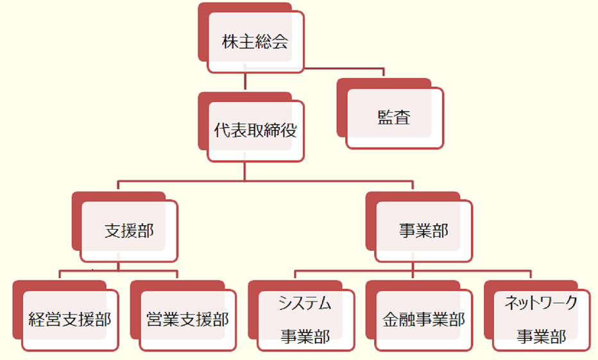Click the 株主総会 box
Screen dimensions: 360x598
pos(255,42)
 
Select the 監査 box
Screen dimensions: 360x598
pos(394,117)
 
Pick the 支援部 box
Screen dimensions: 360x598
pos(129,231)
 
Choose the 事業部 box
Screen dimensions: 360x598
pos(423,231)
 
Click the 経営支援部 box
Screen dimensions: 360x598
pos(70,320)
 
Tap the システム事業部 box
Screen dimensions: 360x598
pos(305,320)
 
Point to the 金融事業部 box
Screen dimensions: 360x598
pos(423,320)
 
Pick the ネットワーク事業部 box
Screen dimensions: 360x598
pos(542,320)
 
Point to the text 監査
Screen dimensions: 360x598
pos(394,117)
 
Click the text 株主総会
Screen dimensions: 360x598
pos(255,42)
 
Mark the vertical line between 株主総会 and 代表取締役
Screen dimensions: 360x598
pos(246,82)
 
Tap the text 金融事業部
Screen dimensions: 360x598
pos(423,320)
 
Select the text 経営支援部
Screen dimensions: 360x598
pos(70,320)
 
